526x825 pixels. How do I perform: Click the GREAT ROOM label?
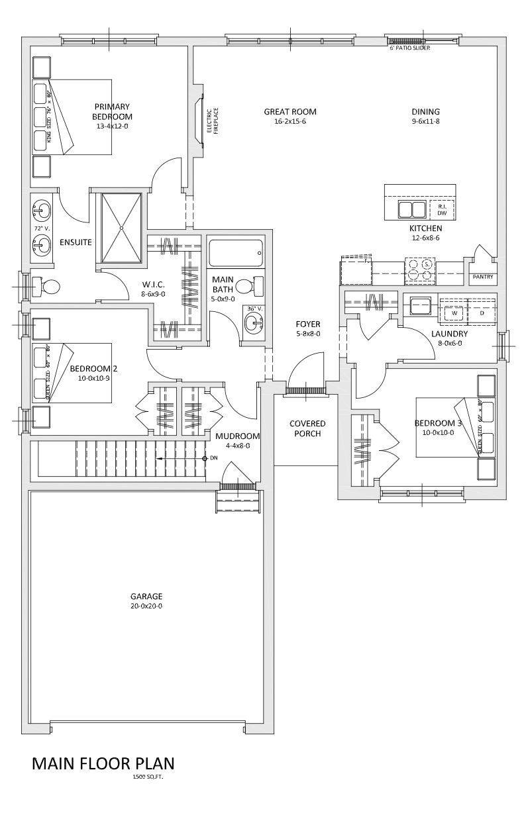click(289, 112)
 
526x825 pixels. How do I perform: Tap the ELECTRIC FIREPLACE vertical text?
click(211, 121)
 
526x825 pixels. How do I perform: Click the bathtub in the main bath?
click(236, 252)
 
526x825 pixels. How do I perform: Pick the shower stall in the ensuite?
click(121, 227)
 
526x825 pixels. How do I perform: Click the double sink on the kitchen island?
click(411, 210)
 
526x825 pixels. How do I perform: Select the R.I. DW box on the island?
click(442, 210)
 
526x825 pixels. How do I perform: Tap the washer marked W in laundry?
click(454, 313)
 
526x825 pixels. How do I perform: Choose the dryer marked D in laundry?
click(482, 313)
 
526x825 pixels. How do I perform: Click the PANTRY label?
click(483, 277)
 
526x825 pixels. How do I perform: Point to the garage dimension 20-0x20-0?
click(146, 606)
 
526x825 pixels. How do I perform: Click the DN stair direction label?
click(213, 458)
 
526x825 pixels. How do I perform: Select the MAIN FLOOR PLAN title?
click(103, 763)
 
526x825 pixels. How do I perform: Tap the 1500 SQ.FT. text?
click(148, 777)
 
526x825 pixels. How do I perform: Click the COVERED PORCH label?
click(307, 428)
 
